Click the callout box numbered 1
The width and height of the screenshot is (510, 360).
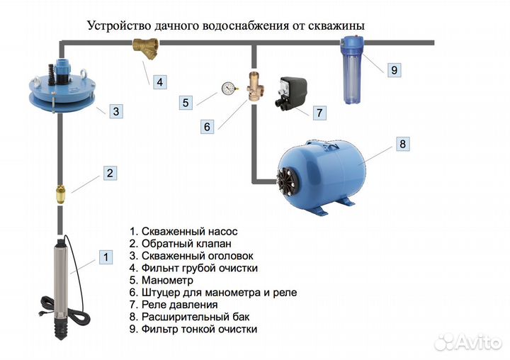105,257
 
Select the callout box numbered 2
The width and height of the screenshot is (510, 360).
110,172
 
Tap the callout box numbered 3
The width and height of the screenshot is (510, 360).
118,111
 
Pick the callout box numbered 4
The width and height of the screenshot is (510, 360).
159,81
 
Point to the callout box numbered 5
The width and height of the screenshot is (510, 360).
186,103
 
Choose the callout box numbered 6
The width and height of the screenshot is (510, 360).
207,127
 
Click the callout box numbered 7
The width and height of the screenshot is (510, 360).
319,112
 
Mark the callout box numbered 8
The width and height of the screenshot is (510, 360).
402,144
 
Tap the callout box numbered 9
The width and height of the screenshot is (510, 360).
395,69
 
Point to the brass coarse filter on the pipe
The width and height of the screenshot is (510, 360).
145,49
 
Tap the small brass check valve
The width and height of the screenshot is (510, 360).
61,193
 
